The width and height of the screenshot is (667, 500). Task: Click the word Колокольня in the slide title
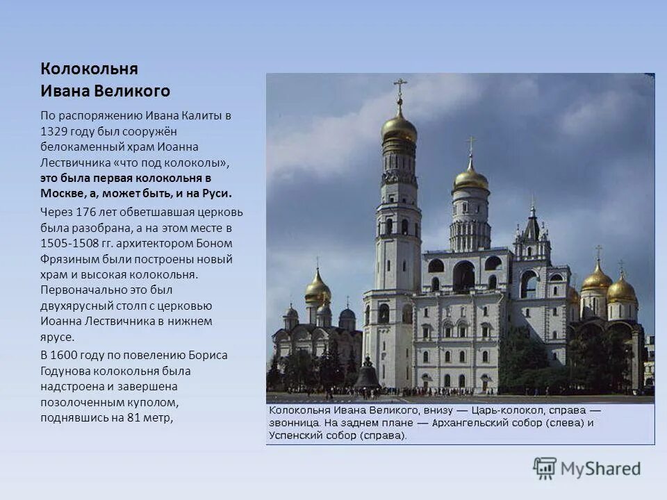click(89, 69)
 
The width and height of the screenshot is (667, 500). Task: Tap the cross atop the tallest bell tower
click(400, 87)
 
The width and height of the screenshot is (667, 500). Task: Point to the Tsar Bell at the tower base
click(366, 376)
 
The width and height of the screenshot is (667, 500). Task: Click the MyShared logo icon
click(545, 469)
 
